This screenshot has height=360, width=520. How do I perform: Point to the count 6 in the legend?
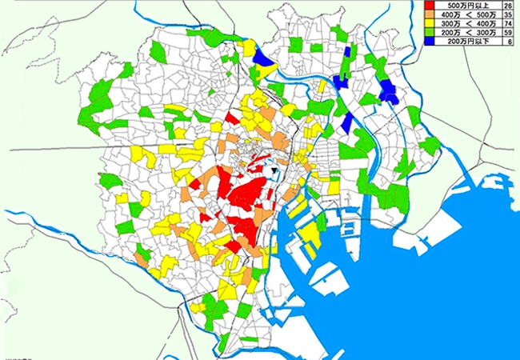tap(509, 42)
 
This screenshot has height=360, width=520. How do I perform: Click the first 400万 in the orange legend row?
tap(448, 15)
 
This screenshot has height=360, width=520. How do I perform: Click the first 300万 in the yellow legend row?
tap(448, 24)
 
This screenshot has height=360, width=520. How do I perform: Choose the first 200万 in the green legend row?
tap(448, 33)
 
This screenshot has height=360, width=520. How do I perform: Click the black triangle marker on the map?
tap(275, 170)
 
